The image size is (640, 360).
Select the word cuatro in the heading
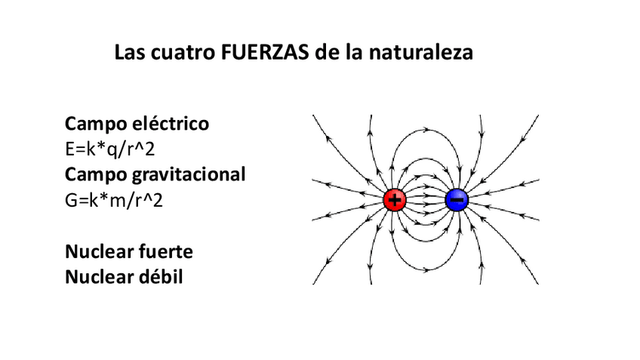[179, 54]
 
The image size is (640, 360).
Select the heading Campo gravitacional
[155, 175]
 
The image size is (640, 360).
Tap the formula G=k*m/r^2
[115, 201]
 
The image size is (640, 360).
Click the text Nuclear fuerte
[129, 251]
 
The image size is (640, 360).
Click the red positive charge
[395, 200]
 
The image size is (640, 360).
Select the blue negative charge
[457, 200]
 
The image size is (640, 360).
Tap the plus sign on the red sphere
[395, 200]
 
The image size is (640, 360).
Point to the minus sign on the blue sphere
[457, 200]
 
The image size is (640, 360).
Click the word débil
[161, 277]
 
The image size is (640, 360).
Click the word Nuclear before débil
[98, 277]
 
